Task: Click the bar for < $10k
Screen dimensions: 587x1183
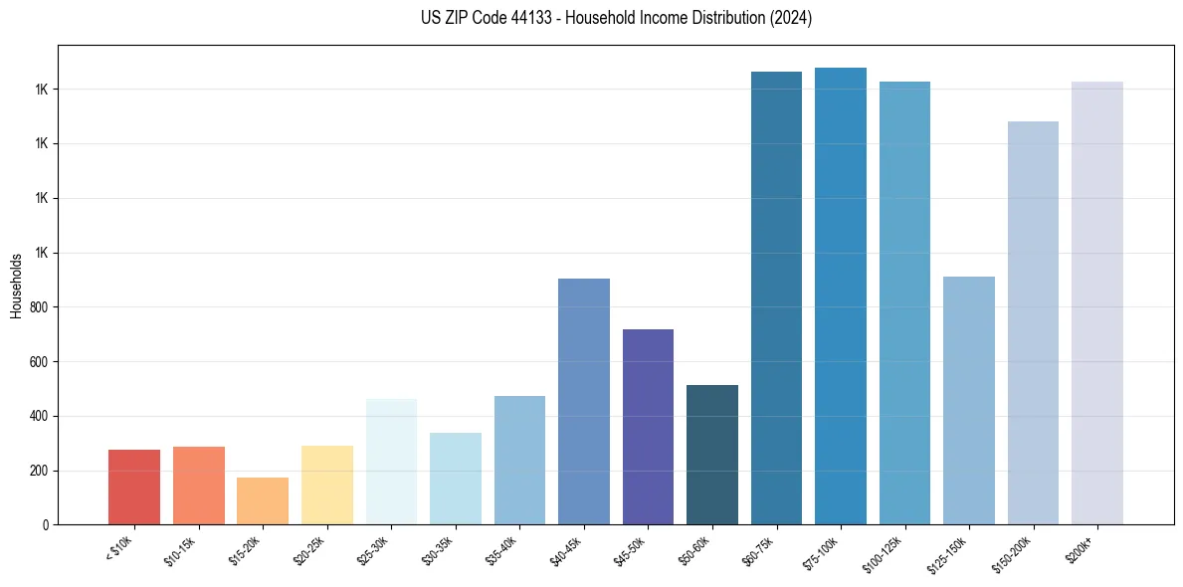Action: [134, 487]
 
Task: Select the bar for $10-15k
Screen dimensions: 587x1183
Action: [198, 485]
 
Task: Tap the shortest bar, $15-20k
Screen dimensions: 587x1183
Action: [263, 500]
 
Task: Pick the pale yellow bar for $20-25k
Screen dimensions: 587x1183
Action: [326, 485]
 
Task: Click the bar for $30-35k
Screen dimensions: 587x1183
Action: [456, 478]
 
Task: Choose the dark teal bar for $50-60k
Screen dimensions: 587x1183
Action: [712, 454]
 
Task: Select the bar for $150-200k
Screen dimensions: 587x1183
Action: [1033, 322]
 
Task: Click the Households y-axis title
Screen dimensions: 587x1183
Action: [16, 286]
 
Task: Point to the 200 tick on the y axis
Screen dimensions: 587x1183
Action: [40, 471]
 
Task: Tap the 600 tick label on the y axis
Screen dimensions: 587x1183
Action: [40, 362]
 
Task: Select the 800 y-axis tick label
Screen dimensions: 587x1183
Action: [40, 307]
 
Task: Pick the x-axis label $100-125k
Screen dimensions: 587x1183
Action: [886, 553]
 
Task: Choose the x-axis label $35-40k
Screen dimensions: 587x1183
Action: [502, 550]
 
